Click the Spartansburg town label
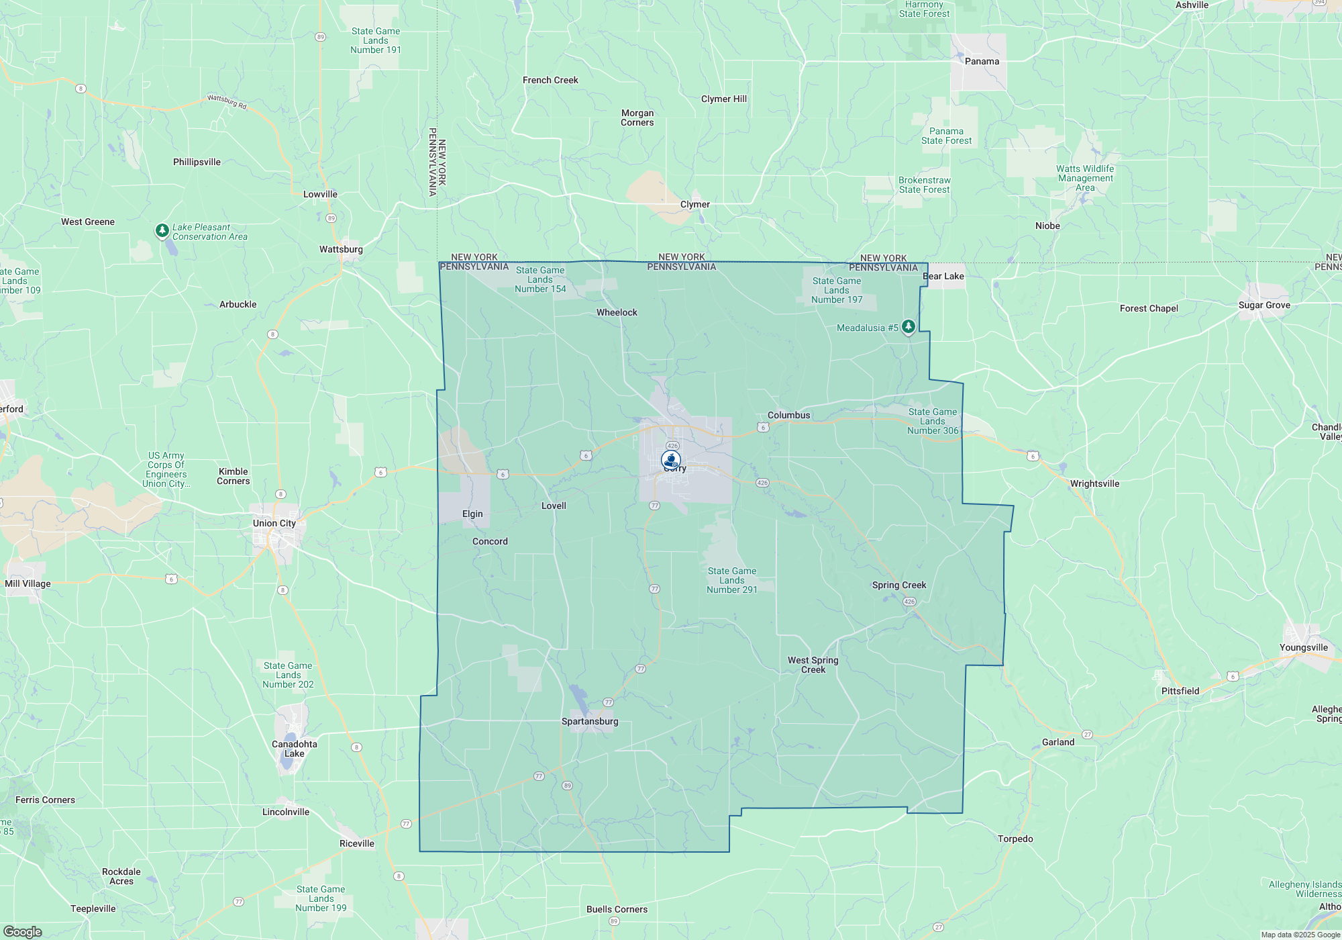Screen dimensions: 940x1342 tap(590, 721)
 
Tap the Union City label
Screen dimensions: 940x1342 tap(274, 523)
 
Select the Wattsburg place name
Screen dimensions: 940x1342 tap(341, 249)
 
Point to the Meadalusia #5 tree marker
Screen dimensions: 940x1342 tap(908, 326)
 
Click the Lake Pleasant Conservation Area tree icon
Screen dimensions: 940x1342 tap(162, 230)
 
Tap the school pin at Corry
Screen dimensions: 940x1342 tap(670, 460)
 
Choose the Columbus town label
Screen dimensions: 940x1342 tap(788, 415)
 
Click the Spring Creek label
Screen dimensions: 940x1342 tap(898, 585)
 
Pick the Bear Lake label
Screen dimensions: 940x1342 tap(943, 276)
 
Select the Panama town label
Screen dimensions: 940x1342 tap(982, 61)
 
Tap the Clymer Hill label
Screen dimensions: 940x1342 tap(723, 99)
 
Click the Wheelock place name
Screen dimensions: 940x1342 tap(617, 312)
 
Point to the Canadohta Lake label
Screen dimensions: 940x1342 tap(294, 749)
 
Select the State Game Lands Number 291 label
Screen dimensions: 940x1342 tap(731, 580)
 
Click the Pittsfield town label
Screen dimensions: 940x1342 tap(1180, 691)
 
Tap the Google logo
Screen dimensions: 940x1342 tap(22, 931)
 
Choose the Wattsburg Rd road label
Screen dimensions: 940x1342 tap(227, 101)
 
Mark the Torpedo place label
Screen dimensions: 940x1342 tap(1015, 839)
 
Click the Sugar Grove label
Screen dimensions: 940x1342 tap(1264, 305)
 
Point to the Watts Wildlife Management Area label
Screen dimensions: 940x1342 tap(1084, 178)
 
